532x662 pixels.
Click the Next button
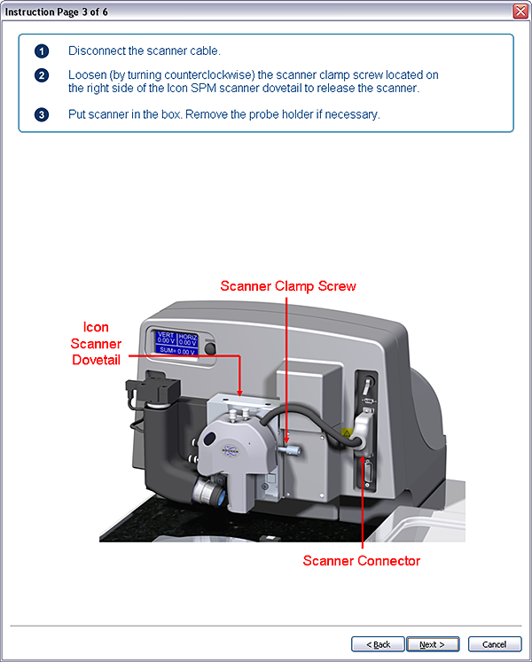[x=432, y=644]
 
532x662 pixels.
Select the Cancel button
[x=494, y=644]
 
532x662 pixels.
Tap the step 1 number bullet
[x=42, y=51]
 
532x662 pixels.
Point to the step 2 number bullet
[x=42, y=75]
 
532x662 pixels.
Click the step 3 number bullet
[x=42, y=115]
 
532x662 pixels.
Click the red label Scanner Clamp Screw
[x=288, y=286]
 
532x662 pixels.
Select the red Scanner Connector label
[x=362, y=561]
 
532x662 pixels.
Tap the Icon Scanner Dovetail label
[x=96, y=344]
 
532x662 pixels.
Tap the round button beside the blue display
[x=211, y=349]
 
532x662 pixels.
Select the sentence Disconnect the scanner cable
[x=145, y=51]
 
